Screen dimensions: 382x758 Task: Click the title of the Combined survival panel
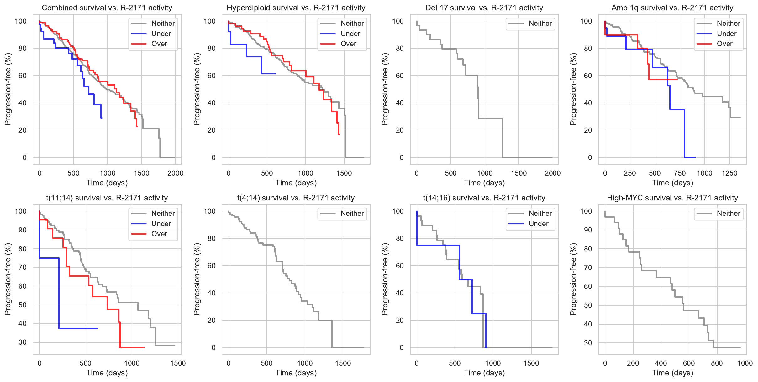(x=107, y=8)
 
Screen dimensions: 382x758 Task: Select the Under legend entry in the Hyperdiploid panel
(x=350, y=34)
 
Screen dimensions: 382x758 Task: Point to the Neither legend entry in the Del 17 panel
(x=540, y=24)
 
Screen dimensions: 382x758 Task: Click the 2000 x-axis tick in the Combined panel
(x=175, y=173)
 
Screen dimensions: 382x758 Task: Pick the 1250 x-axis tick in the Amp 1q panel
(x=729, y=173)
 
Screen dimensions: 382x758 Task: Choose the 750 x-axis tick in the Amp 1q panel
(x=680, y=173)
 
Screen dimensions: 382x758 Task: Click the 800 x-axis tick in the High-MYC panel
(x=717, y=363)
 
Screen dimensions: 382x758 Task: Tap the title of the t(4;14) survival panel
(x=296, y=198)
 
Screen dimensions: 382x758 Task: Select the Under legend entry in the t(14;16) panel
(x=538, y=224)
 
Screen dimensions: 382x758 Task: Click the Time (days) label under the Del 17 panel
(x=484, y=183)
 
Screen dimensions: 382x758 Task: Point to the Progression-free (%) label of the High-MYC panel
(x=573, y=279)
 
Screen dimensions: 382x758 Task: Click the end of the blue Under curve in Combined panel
(x=102, y=118)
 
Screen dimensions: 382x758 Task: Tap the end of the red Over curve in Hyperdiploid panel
(x=339, y=135)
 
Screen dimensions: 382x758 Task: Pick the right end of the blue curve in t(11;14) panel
(x=97, y=328)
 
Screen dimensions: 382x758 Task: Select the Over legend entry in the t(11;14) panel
(x=159, y=234)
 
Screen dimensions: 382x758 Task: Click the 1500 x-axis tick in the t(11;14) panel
(x=178, y=363)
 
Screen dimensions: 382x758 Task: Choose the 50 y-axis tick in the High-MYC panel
(x=588, y=305)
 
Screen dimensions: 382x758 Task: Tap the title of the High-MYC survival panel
(x=672, y=198)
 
